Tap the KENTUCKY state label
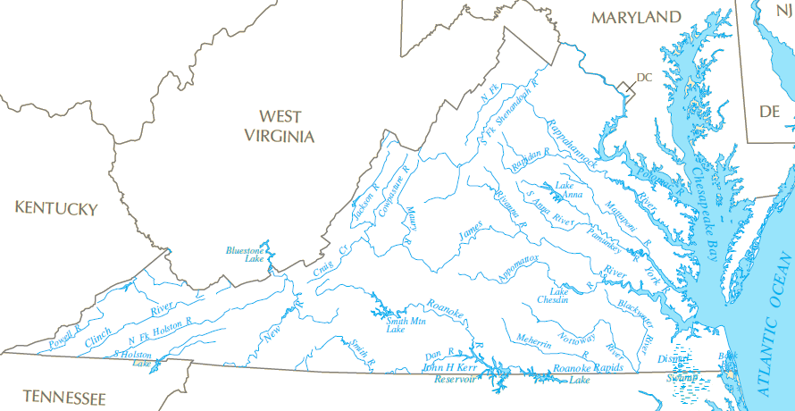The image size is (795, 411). [x=55, y=208]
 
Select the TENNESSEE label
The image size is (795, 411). [x=64, y=398]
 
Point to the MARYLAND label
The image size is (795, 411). [x=635, y=17]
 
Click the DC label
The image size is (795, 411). [x=644, y=78]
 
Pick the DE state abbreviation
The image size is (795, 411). [x=769, y=111]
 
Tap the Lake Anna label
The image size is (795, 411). [x=569, y=190]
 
